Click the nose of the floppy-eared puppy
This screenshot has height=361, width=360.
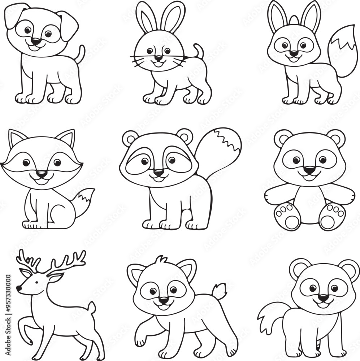[x=35, y=42]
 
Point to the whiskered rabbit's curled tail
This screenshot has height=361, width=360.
[x=198, y=51]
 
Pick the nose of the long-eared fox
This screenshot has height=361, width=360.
[x=294, y=53]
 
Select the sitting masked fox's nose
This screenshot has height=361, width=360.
[x=42, y=174]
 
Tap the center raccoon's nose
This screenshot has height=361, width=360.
[x=158, y=173]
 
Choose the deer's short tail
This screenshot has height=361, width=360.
[x=92, y=308]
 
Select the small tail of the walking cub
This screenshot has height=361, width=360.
[x=219, y=291]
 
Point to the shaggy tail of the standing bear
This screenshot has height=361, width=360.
[x=269, y=316]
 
